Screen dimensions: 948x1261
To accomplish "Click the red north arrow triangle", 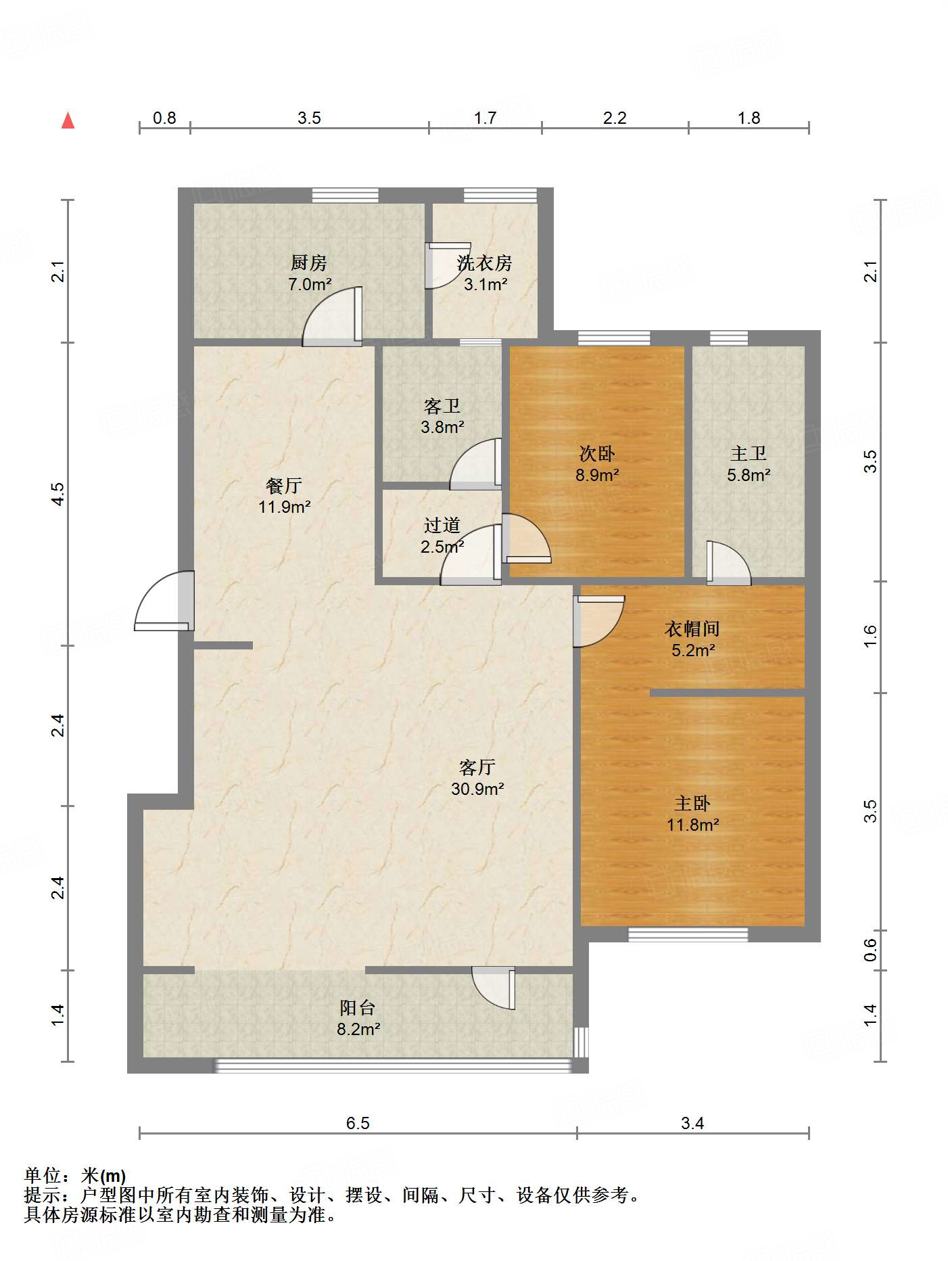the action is point(68,121).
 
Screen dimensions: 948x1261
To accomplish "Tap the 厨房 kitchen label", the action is point(309,262).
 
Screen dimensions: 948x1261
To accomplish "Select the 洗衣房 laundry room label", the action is point(484,262).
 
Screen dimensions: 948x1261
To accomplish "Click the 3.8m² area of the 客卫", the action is point(442,428).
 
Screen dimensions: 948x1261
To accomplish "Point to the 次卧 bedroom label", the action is point(597,454).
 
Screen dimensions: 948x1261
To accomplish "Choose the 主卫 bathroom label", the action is point(749,454).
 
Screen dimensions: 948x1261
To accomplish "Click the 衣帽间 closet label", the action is point(692,629).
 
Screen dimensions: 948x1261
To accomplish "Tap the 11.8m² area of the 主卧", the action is point(692,825).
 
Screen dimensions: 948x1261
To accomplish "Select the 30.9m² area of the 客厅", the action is point(477,789).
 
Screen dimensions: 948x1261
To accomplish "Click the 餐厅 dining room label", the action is point(284,486).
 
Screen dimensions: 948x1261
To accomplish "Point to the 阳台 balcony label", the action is point(358,1008).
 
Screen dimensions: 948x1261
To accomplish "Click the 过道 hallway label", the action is point(442,526).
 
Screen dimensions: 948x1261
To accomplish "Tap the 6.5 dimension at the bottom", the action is point(358,1124).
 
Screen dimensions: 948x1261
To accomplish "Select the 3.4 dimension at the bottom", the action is point(692,1124).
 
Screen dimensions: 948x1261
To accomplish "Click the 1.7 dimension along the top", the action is point(485,118).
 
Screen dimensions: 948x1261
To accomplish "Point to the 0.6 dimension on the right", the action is point(870,950).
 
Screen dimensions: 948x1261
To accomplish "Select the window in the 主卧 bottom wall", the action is point(688,934).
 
